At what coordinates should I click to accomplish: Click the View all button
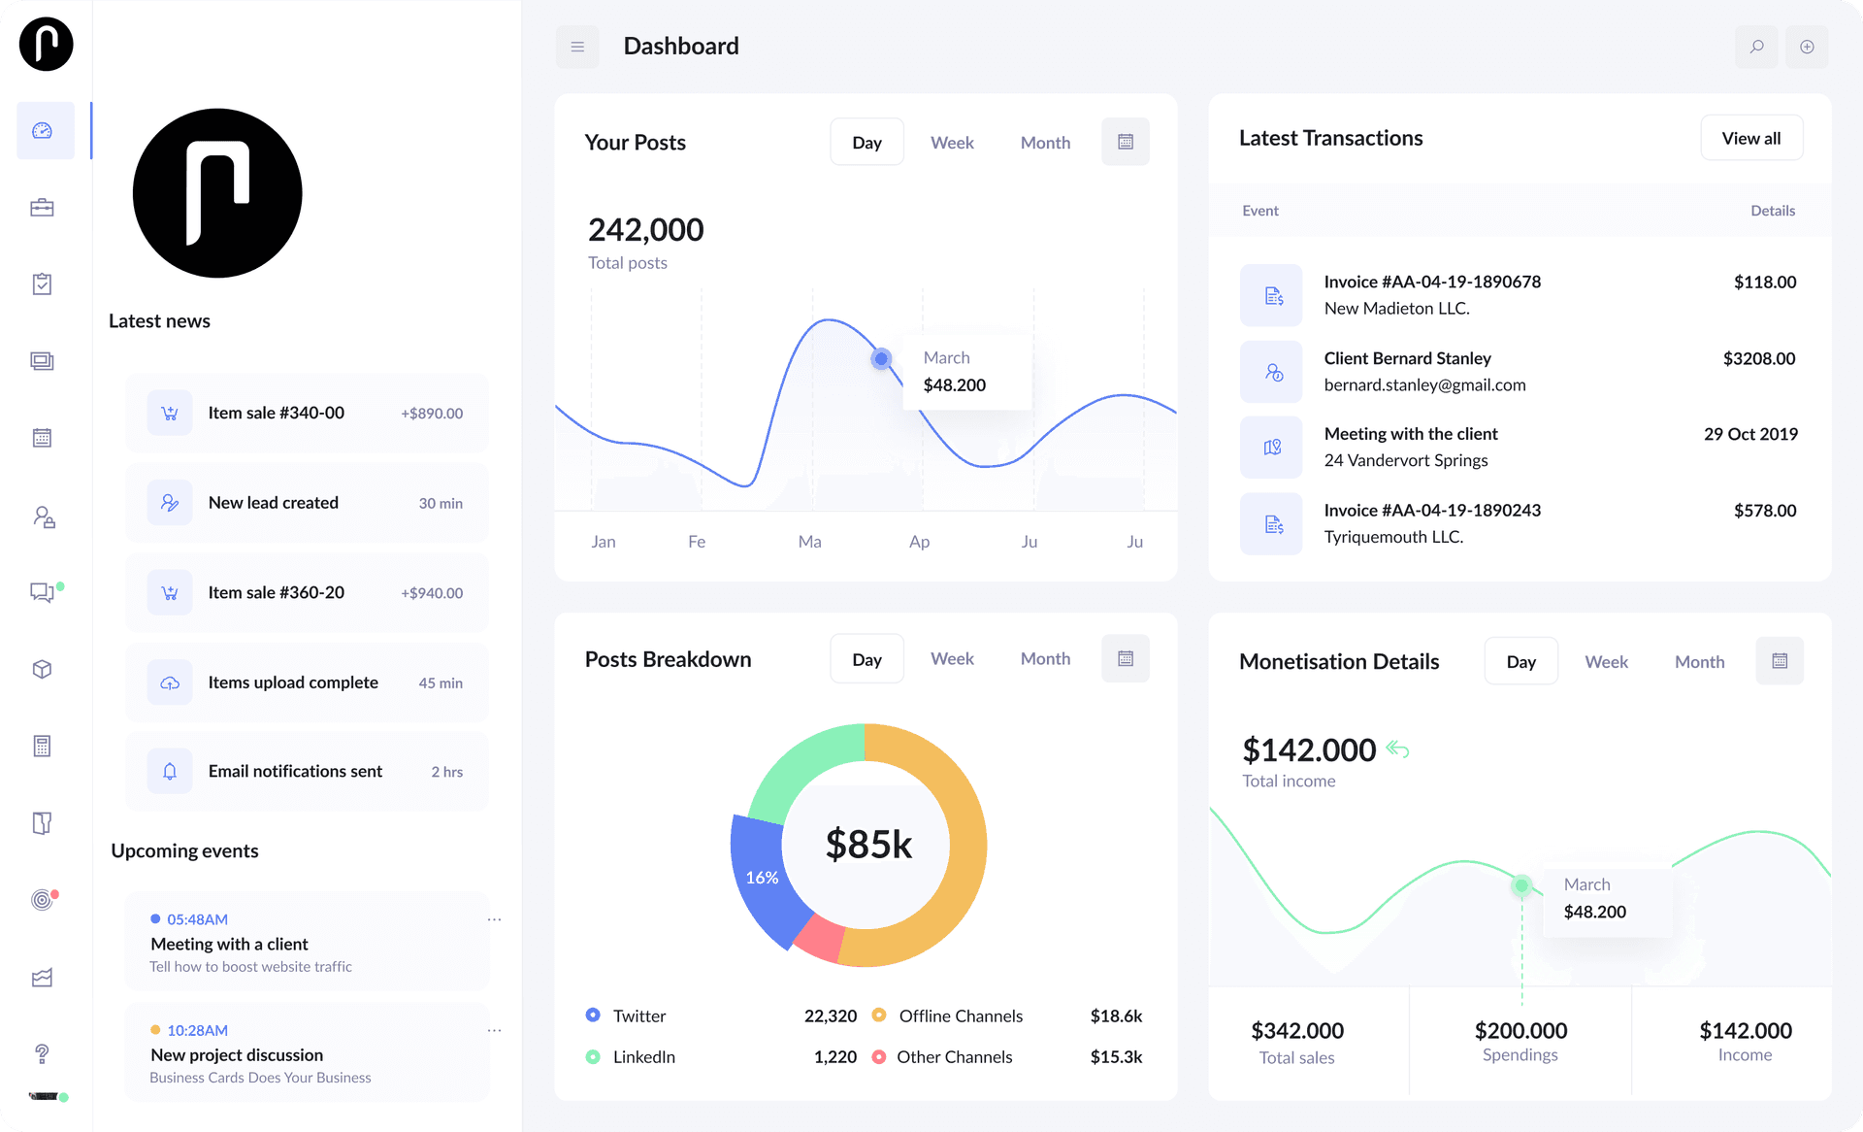tap(1750, 138)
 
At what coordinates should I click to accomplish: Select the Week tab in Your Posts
tap(951, 143)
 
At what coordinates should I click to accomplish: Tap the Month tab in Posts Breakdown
tap(1045, 658)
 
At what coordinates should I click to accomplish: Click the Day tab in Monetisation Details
tap(1520, 661)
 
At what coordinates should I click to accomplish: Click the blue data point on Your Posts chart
tap(881, 359)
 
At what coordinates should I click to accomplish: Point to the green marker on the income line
tap(1521, 885)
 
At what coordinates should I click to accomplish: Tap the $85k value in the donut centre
tap(868, 845)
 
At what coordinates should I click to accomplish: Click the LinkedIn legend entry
tap(643, 1056)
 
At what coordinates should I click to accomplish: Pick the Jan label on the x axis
tap(604, 542)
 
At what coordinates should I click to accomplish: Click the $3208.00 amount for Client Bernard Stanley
tap(1758, 358)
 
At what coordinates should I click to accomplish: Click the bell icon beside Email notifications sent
tap(170, 772)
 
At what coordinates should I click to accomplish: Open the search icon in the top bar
tap(1756, 47)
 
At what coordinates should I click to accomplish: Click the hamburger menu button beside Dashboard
tap(577, 47)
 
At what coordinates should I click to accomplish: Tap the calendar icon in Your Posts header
tap(1126, 142)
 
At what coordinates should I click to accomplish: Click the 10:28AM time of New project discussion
tap(197, 1030)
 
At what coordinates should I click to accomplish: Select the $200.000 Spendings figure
tap(1520, 1030)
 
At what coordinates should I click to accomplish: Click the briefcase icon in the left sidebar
tap(42, 208)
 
